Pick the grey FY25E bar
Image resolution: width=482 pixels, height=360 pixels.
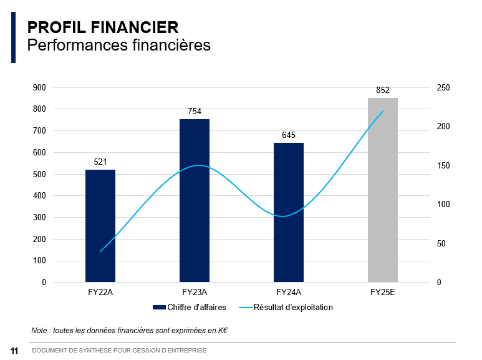pyautogui.click(x=383, y=190)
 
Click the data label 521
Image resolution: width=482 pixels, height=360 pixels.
pyautogui.click(x=100, y=162)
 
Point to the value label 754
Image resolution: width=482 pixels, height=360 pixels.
pyautogui.click(x=195, y=112)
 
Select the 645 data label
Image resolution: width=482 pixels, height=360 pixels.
pyautogui.click(x=289, y=135)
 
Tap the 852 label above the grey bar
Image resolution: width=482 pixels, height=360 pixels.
pyautogui.click(x=383, y=90)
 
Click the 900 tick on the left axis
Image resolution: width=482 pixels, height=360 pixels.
pyautogui.click(x=39, y=88)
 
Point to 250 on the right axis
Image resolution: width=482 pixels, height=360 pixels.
pyautogui.click(x=443, y=88)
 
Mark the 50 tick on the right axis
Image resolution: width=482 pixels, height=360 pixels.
pyautogui.click(x=441, y=244)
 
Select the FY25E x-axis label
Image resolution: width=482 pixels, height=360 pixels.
pyautogui.click(x=383, y=292)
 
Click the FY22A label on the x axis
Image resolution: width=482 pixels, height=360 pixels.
pyautogui.click(x=100, y=292)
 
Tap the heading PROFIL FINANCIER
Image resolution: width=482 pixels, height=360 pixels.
pyautogui.click(x=103, y=27)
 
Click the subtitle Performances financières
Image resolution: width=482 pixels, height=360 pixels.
pyautogui.click(x=119, y=46)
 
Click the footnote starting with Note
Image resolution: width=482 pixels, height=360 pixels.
pyautogui.click(x=129, y=329)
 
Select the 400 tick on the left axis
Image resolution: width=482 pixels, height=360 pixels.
pyautogui.click(x=39, y=196)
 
